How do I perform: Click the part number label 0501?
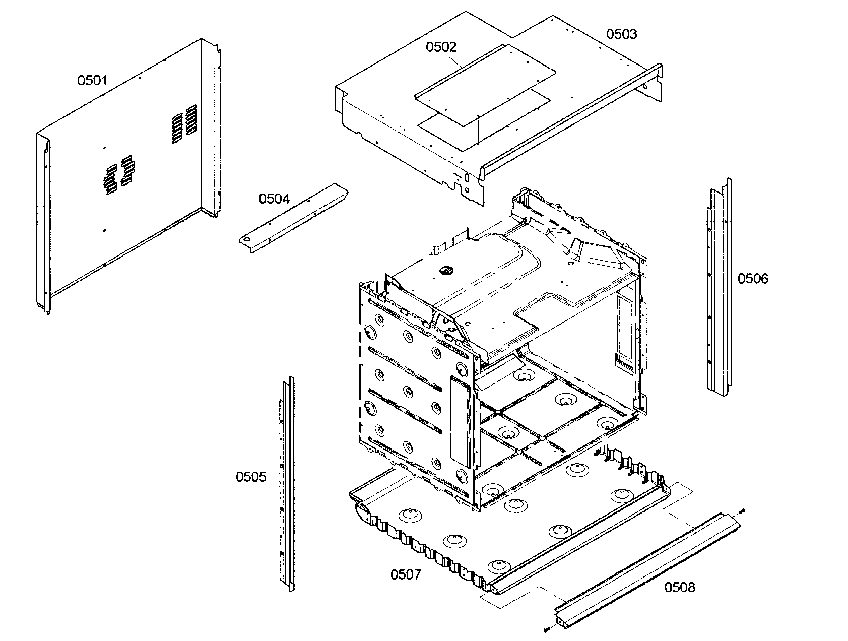[x=92, y=80]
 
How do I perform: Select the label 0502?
[x=441, y=47]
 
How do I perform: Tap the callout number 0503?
[x=621, y=34]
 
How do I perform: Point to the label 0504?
[x=274, y=199]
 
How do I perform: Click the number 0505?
[x=251, y=477]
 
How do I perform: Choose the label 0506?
[x=753, y=279]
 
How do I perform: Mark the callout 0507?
[x=406, y=574]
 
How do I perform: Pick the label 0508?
[x=679, y=587]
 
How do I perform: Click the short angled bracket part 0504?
[x=297, y=214]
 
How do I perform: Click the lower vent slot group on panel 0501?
[x=118, y=174]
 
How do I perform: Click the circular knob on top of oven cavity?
[x=445, y=271]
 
